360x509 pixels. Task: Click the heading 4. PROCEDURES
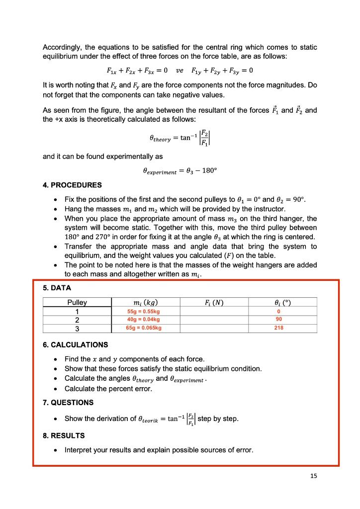click(72, 185)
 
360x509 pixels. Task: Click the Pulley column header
click(77, 302)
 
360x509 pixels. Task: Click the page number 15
click(313, 476)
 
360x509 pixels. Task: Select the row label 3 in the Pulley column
click(77, 328)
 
